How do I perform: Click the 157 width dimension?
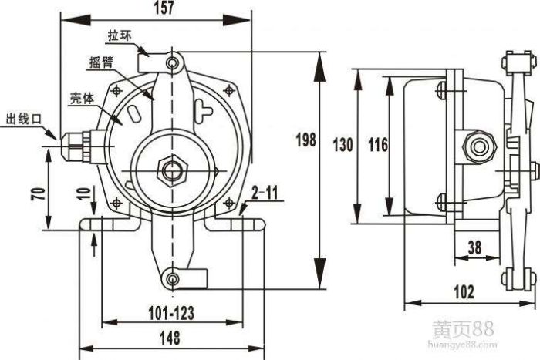coord(164,8)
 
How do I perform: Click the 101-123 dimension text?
coord(170,313)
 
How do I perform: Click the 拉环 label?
coord(120,35)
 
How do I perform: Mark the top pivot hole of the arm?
coord(174,61)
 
